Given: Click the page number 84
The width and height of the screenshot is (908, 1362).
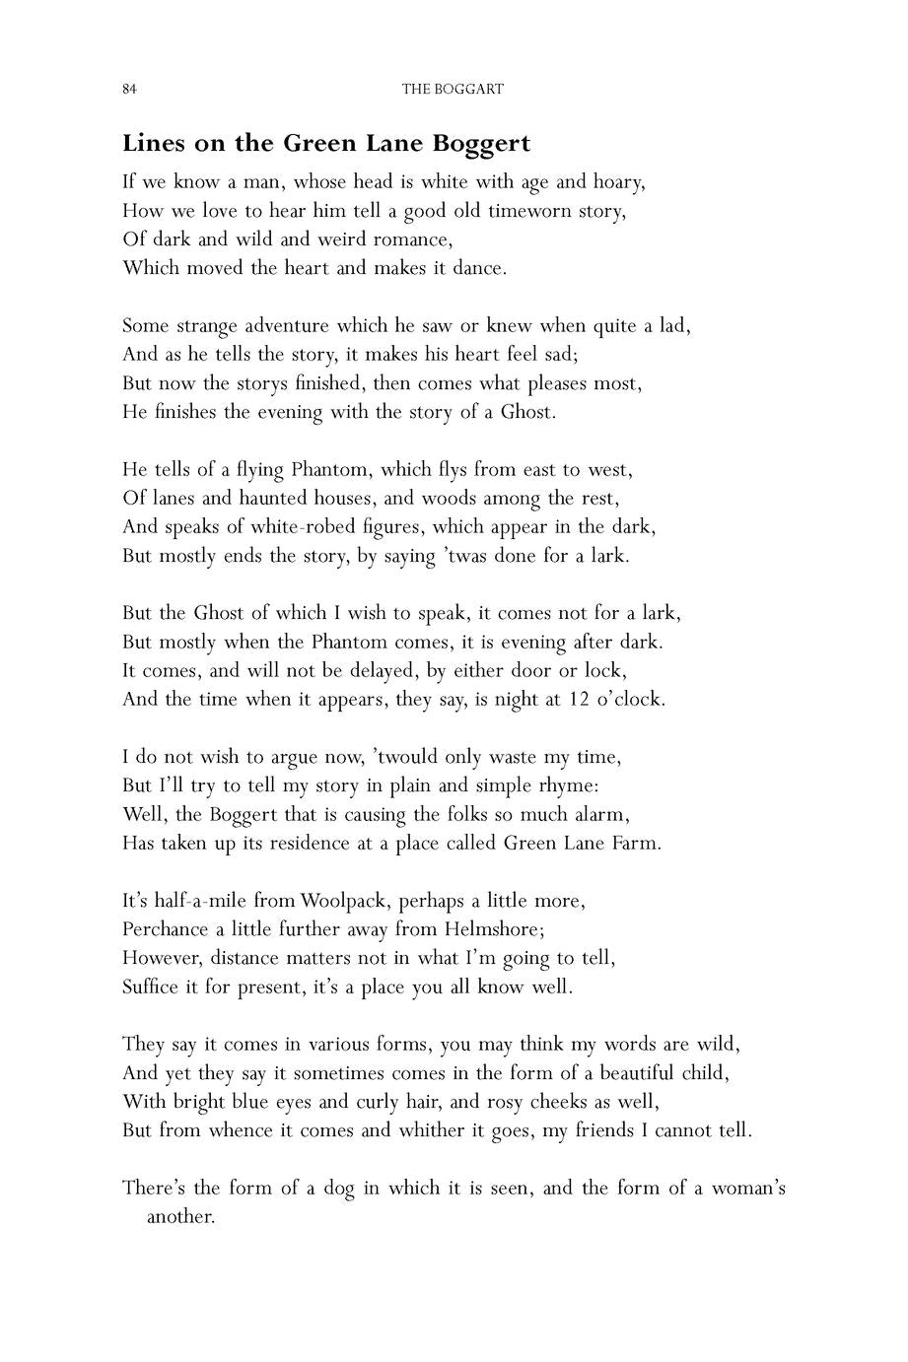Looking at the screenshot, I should click(128, 90).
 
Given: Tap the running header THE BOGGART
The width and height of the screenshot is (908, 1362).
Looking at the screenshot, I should click(453, 90).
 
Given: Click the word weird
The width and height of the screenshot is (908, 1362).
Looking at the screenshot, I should click(315, 239).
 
